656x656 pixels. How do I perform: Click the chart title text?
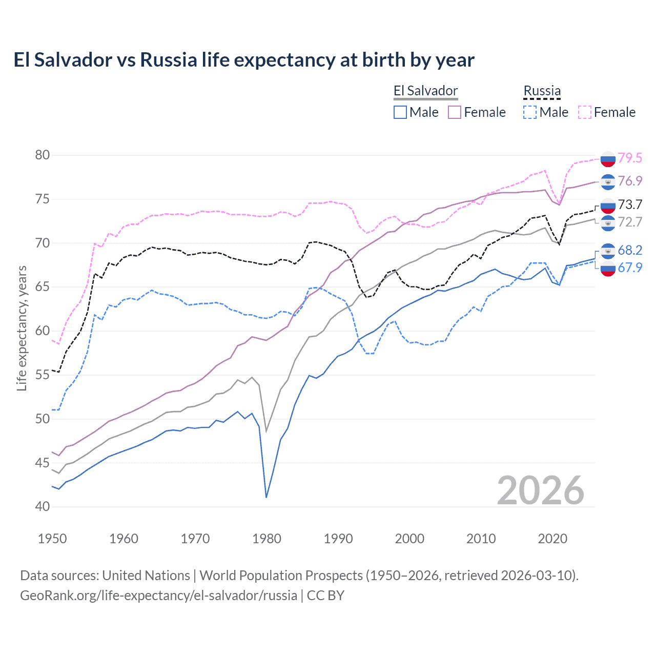tap(244, 60)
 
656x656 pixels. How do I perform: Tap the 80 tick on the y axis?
tap(43, 155)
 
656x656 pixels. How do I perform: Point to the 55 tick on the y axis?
tap(43, 375)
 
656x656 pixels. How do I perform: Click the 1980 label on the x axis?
tap(266, 539)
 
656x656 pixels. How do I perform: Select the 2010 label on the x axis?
tap(481, 539)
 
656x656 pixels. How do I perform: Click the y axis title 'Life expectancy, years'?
tap(22, 328)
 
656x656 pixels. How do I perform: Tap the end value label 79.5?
tap(630, 158)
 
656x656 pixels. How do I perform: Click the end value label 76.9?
tap(630, 181)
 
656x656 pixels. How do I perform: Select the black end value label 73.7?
tap(630, 204)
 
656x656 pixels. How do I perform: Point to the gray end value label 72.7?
tap(630, 222)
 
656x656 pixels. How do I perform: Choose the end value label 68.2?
tap(630, 250)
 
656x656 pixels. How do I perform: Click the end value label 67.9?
tap(630, 268)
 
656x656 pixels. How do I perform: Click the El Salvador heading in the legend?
tap(425, 91)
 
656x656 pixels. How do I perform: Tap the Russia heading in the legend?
tap(542, 91)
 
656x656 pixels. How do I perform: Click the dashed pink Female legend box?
tap(585, 112)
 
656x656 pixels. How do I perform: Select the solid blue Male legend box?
tap(400, 112)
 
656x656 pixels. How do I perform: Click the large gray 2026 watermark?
tap(540, 490)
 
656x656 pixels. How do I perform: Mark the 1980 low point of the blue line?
tap(266, 497)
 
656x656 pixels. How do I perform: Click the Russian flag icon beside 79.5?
tap(608, 159)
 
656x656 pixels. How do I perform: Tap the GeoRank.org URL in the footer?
tap(159, 596)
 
